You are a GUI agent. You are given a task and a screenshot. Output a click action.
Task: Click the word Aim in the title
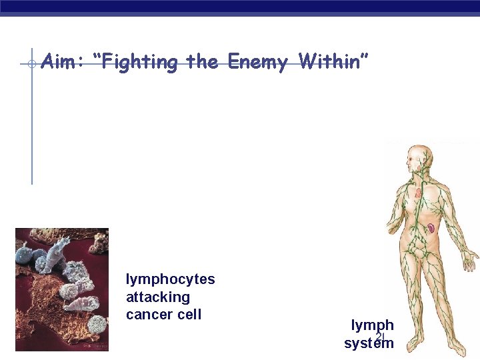[60, 63]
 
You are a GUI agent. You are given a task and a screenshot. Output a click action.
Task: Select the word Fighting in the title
[139, 63]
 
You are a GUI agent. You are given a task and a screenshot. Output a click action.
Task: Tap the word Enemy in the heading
[257, 63]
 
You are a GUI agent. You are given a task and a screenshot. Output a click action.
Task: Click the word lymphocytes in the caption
[170, 279]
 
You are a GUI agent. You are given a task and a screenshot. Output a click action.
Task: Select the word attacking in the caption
[157, 297]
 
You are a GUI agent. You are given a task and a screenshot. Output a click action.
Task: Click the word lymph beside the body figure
[372, 325]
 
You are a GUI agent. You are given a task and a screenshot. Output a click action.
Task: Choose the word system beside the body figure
[369, 343]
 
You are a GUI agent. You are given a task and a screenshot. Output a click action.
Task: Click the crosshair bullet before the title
[31, 64]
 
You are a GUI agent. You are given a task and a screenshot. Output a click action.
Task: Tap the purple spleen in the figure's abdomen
[431, 228]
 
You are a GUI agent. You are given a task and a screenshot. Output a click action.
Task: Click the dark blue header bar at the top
[240, 7]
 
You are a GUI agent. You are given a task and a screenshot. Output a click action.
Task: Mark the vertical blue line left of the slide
[31, 120]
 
